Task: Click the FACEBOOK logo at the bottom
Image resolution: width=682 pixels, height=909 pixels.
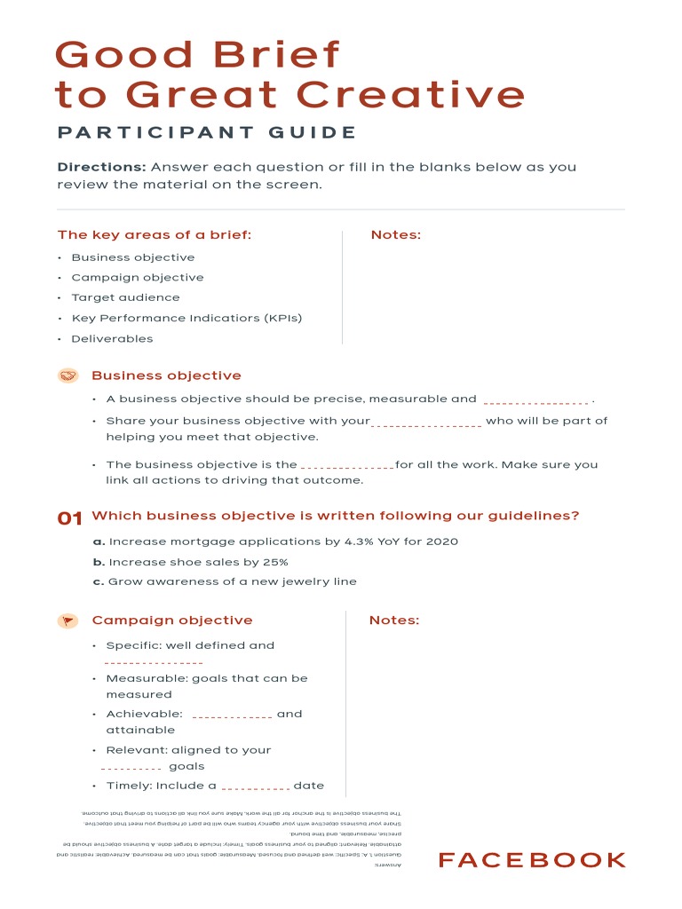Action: tap(532, 859)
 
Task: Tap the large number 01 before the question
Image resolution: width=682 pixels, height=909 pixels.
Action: tap(70, 518)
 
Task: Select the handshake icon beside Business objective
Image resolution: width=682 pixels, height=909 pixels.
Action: tap(68, 375)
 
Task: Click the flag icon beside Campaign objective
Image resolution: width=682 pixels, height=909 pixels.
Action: tap(68, 620)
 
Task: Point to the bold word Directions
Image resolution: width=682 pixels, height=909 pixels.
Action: tap(102, 167)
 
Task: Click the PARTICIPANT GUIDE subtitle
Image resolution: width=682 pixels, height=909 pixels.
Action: tap(207, 133)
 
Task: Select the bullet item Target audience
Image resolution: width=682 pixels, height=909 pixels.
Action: tap(125, 297)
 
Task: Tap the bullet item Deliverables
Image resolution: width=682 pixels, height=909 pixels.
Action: tap(112, 338)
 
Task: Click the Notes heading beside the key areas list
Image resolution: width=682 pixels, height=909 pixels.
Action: tap(396, 235)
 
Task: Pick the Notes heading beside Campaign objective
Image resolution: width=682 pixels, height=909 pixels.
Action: tap(394, 620)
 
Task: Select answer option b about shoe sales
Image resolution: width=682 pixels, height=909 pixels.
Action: tap(190, 562)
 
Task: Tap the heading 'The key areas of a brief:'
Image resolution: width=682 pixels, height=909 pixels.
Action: tap(155, 235)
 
